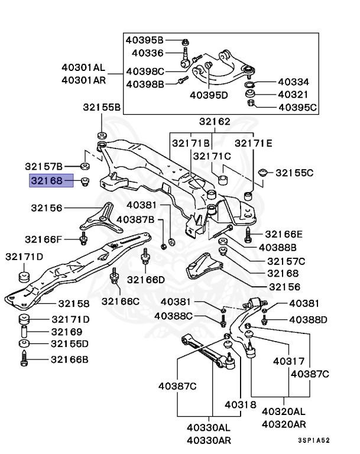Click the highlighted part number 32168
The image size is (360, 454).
[x=51, y=180]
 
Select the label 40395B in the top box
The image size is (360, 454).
[x=144, y=40]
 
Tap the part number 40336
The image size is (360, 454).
[x=147, y=53]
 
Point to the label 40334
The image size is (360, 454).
[x=293, y=82]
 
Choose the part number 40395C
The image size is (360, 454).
[x=297, y=108]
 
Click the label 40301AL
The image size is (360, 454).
[x=83, y=67]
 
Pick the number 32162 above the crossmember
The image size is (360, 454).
[x=214, y=122]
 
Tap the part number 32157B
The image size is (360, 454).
[x=43, y=166]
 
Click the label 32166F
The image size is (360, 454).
[x=43, y=239]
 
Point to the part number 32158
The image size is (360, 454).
[x=69, y=304]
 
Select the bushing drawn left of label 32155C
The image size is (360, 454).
[x=264, y=173]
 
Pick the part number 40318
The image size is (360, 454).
[x=240, y=406]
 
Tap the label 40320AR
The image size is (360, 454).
[x=284, y=424]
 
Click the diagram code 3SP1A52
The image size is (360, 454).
[x=313, y=440]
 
